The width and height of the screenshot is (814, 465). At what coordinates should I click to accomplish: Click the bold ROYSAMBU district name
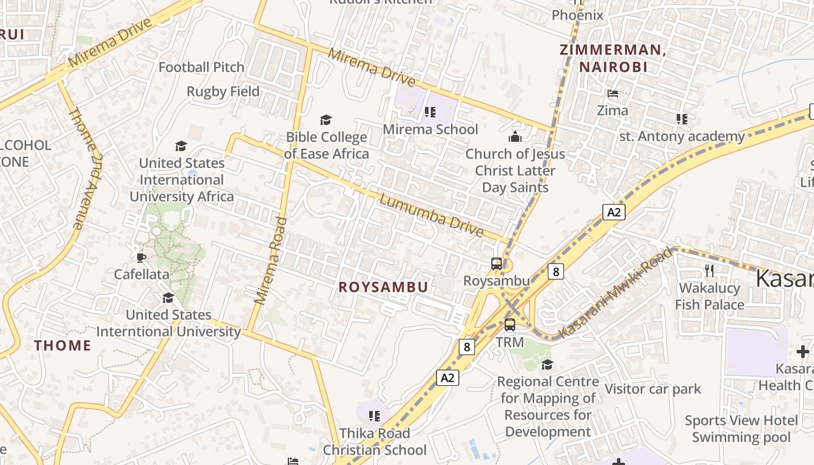coord(383,287)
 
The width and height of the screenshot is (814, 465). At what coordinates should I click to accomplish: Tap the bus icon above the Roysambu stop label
coord(496,264)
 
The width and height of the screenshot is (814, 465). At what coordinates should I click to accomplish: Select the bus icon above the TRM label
coord(510,325)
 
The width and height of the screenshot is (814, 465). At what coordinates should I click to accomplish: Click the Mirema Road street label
coord(271,260)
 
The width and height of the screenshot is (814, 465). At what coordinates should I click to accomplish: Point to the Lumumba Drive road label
coord(431,216)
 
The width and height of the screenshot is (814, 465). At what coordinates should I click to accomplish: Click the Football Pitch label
coord(201,67)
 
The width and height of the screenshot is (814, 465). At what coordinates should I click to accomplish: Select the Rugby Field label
coord(223,92)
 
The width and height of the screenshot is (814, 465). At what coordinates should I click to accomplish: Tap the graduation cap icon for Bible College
coord(326,120)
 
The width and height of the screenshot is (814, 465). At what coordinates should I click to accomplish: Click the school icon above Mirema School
coord(430,112)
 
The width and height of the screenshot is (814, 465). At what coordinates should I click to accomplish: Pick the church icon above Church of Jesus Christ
coord(515,137)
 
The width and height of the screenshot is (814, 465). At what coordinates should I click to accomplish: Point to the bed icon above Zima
coord(612,93)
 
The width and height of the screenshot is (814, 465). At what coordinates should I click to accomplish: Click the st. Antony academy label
coord(681,137)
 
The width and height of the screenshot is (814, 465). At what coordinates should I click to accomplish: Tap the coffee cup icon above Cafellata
coord(141,257)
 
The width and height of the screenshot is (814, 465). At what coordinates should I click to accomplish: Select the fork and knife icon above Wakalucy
coord(709,270)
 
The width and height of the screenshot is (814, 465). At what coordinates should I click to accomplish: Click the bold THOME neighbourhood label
coord(63,345)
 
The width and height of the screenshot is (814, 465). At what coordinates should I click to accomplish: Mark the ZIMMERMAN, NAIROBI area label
coord(613,58)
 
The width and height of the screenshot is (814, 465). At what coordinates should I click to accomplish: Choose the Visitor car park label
coord(653,389)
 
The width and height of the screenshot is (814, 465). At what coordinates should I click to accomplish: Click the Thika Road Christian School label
coord(374,442)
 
